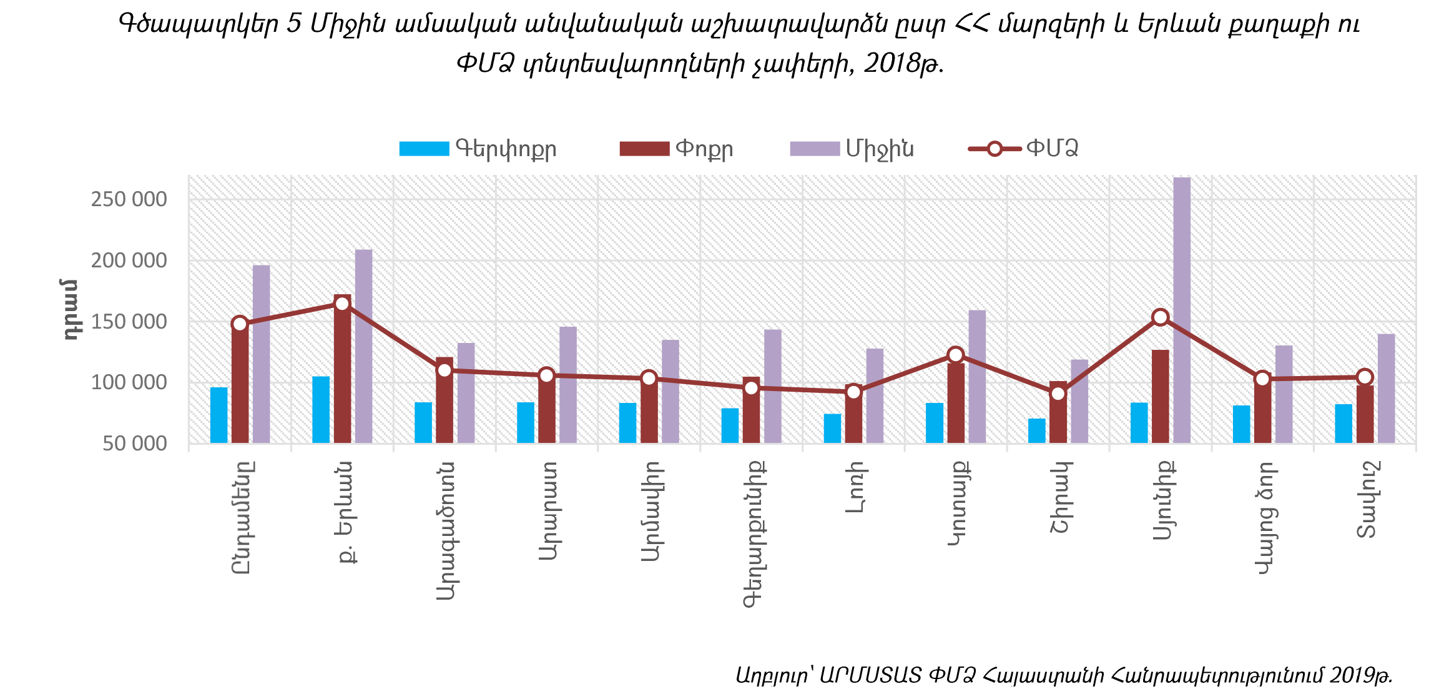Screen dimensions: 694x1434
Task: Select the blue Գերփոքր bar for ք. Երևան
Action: pyautogui.click(x=321, y=410)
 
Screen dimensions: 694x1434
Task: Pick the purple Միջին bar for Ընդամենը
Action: pyautogui.click(x=261, y=354)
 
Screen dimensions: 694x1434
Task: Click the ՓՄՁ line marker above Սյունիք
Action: pyautogui.click(x=1160, y=317)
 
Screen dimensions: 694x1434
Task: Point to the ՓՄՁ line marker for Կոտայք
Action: pyautogui.click(x=955, y=355)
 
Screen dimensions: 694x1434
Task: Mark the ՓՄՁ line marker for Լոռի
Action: pyautogui.click(x=853, y=392)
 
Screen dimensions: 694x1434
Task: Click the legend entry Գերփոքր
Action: pyautogui.click(x=478, y=149)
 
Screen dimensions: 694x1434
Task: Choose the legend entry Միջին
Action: pyautogui.click(x=852, y=149)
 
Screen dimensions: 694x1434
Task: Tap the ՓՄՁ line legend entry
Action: pyautogui.click(x=1024, y=149)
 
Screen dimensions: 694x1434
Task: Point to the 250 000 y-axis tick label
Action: pyautogui.click(x=129, y=199)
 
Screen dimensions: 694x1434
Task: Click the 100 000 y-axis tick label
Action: pyautogui.click(x=129, y=382)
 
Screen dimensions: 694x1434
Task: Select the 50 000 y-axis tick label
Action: pyautogui.click(x=135, y=444)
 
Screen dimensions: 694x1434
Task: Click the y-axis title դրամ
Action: pyautogui.click(x=71, y=309)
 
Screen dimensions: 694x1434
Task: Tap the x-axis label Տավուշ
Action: pyautogui.click(x=1365, y=500)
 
